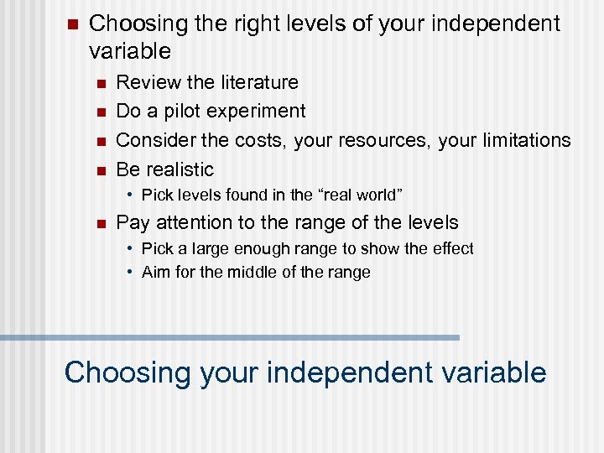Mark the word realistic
[x=180, y=169]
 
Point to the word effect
[x=453, y=248]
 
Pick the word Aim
[x=156, y=272]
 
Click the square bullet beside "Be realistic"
[x=100, y=170]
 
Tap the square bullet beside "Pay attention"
[x=100, y=223]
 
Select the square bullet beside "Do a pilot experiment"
[x=100, y=112]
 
